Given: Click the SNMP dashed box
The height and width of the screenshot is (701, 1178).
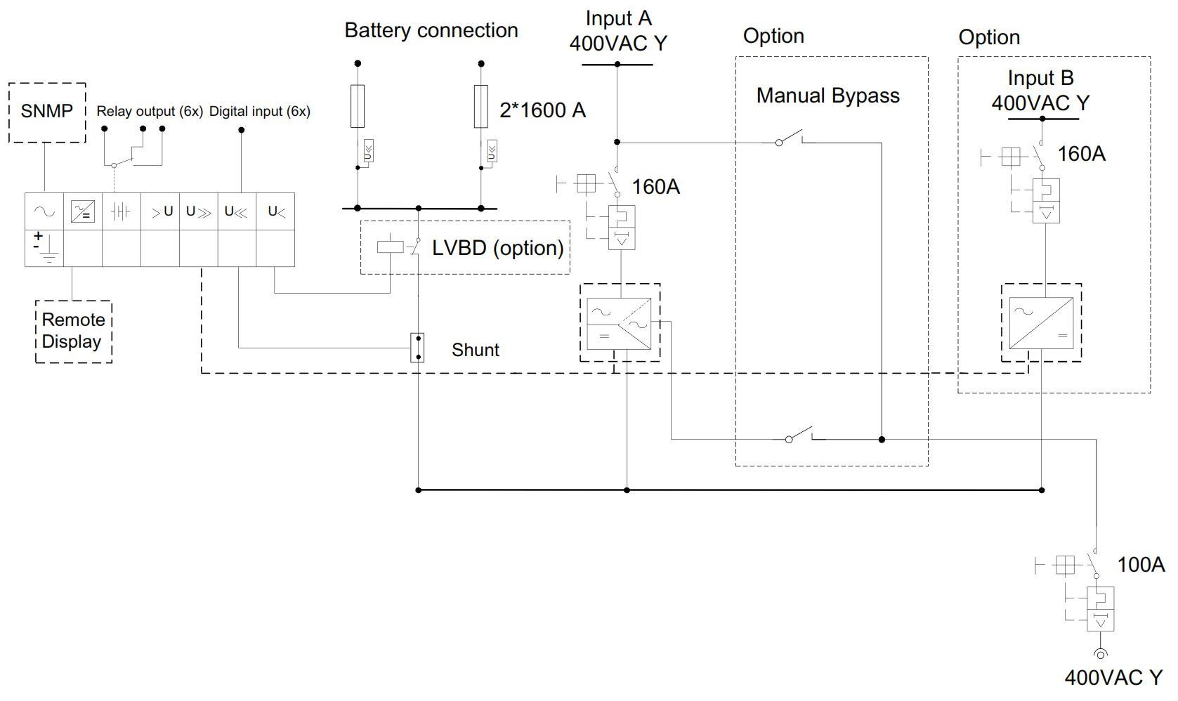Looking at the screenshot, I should tap(47, 112).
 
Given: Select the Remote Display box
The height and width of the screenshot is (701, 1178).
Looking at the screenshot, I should tap(73, 331).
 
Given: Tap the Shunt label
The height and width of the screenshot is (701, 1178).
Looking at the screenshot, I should tap(475, 350).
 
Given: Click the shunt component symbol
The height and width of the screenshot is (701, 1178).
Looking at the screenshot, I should tap(418, 348).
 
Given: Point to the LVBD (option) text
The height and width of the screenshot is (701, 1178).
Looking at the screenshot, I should tap(497, 248).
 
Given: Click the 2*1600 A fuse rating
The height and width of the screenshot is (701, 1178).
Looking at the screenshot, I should tap(542, 110).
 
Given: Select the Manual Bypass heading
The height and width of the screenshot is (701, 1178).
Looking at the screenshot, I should tap(827, 96).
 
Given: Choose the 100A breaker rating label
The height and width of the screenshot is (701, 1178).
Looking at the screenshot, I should tap(1141, 564).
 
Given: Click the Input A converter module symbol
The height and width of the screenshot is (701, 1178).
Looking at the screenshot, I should tap(619, 323).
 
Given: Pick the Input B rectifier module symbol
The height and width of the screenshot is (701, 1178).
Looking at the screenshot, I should tap(1041, 323).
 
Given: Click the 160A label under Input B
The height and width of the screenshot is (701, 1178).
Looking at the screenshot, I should tap(1081, 154).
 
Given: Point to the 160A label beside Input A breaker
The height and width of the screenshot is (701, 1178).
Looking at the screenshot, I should tap(655, 187).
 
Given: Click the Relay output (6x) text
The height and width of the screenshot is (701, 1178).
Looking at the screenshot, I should tap(150, 111).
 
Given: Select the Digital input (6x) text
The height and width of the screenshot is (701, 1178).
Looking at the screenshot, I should tap(259, 111).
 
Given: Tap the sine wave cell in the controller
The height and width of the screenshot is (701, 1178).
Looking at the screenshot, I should tap(44, 211).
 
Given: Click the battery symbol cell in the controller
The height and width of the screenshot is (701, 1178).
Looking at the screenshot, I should tap(121, 211).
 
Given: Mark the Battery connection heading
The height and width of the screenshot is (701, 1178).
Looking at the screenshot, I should tap(431, 30).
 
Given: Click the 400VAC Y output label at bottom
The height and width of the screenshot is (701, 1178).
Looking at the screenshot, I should tap(1113, 677).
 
